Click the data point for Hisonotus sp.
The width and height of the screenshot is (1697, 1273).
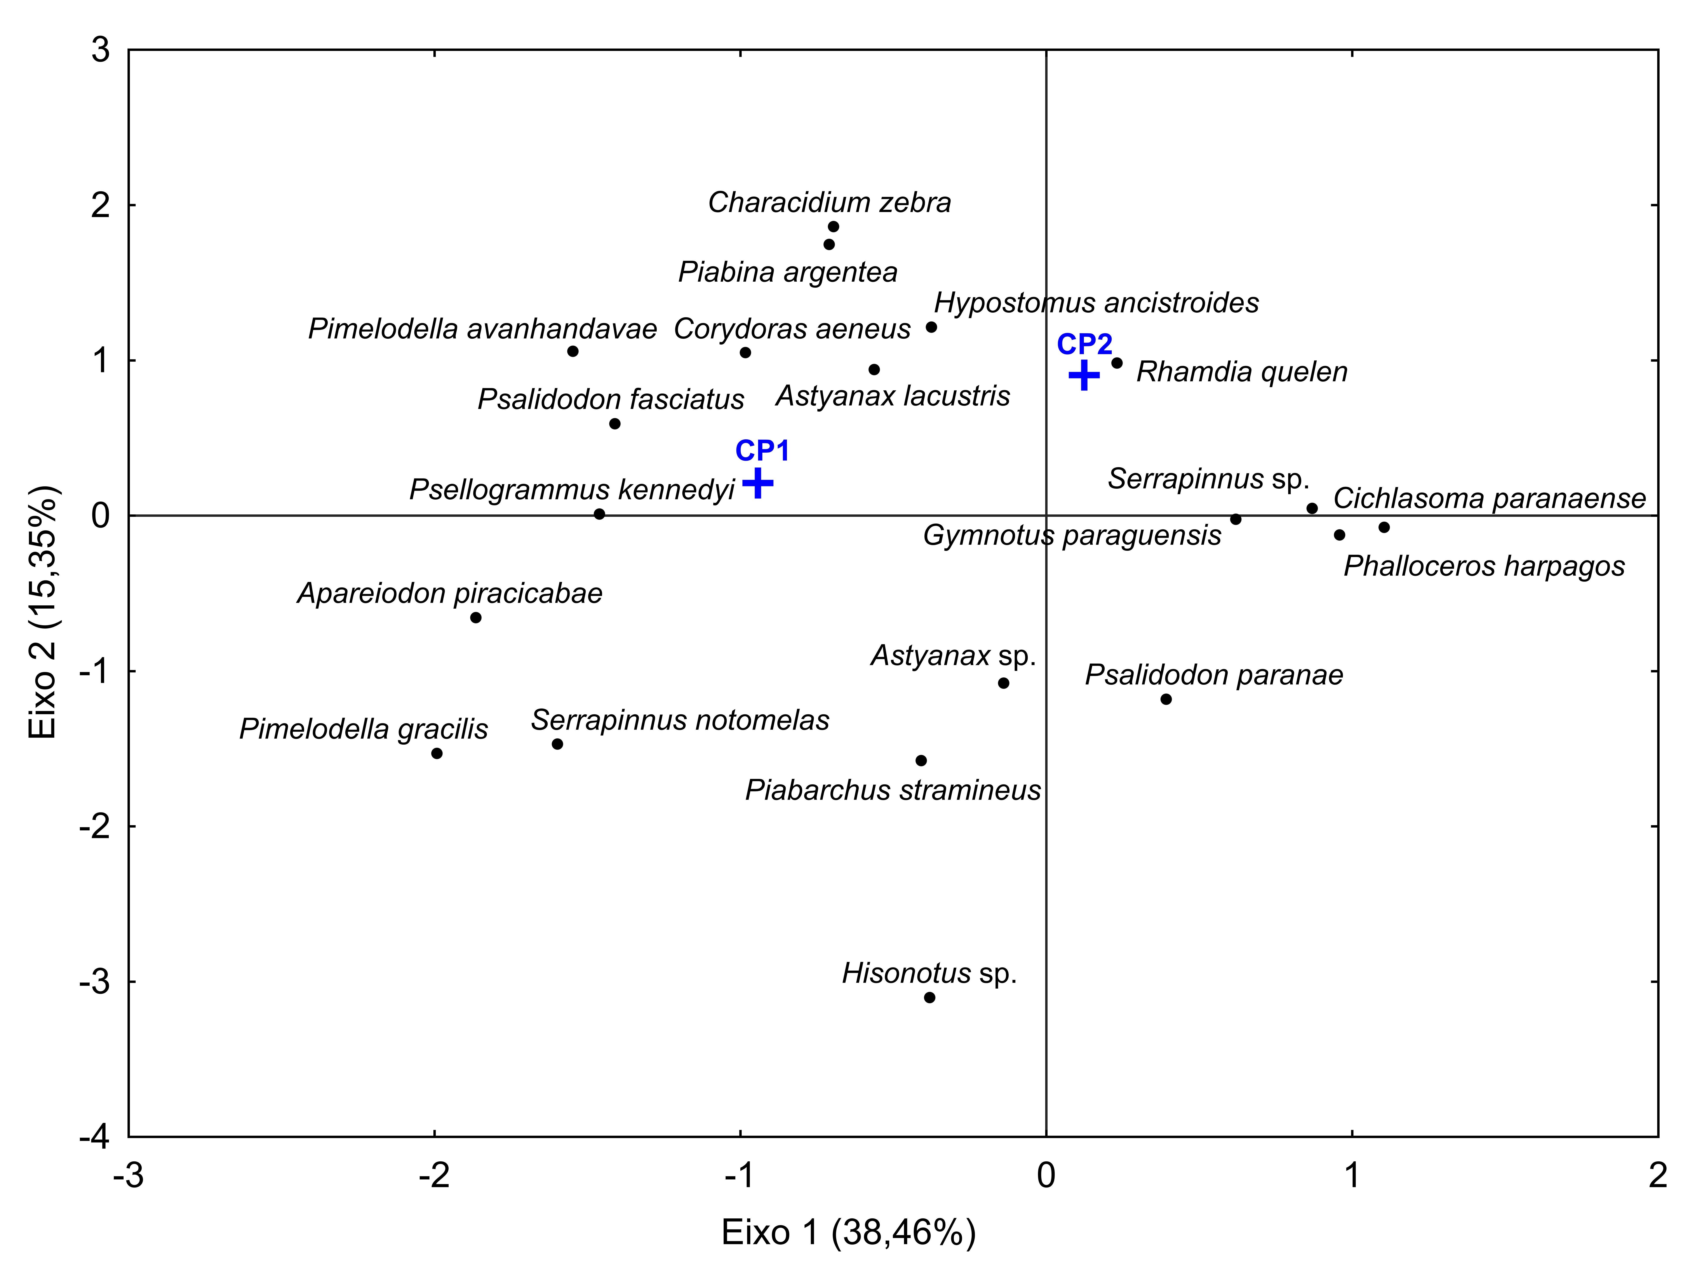click(929, 998)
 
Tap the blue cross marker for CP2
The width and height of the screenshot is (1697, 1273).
click(1084, 375)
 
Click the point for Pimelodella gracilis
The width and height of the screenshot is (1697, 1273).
click(436, 754)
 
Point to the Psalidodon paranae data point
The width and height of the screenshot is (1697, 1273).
click(1166, 699)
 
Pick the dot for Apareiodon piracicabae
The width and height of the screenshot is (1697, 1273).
click(476, 618)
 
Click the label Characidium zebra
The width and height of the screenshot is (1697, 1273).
click(829, 203)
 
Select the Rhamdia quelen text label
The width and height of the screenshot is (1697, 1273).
click(1241, 372)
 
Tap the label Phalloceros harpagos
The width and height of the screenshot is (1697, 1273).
click(1484, 566)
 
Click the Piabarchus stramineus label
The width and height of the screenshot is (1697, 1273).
click(893, 790)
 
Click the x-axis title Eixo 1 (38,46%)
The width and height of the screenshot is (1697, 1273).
click(848, 1232)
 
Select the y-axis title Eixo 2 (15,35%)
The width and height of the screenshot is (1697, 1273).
click(43, 612)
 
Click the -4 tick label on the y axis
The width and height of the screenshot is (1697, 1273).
click(95, 1136)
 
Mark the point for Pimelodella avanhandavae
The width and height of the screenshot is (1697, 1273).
click(572, 351)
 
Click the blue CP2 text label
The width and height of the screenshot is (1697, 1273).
click(1084, 344)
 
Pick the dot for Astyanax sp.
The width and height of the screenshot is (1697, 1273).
click(1003, 683)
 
